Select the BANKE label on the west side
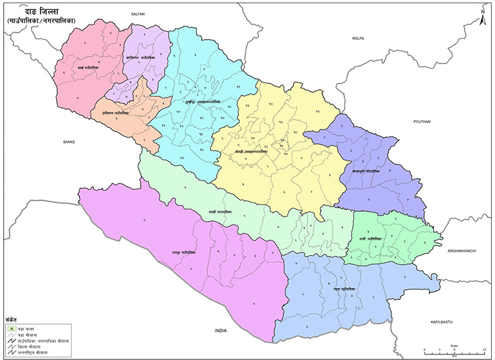tap(68, 142)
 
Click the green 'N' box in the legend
tap(11, 328)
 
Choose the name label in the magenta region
tap(184, 252)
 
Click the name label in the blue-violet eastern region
tap(365, 170)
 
